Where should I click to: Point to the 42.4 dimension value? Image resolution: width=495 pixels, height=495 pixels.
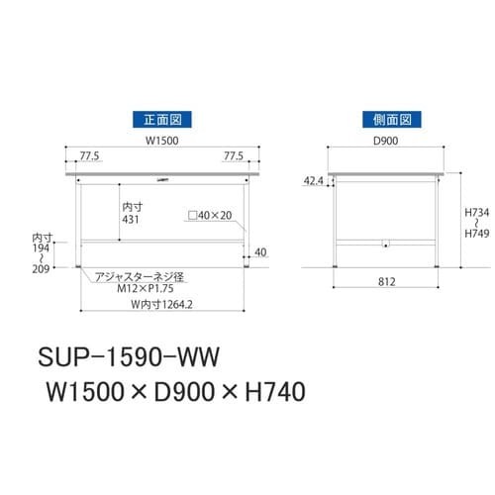point(313,181)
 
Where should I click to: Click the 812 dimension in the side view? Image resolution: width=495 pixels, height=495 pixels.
point(386,282)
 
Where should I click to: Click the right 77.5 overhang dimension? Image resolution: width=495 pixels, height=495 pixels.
point(234,155)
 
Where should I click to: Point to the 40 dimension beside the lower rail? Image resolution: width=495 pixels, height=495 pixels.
point(260,252)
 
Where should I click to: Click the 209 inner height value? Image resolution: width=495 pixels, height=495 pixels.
point(41,268)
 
